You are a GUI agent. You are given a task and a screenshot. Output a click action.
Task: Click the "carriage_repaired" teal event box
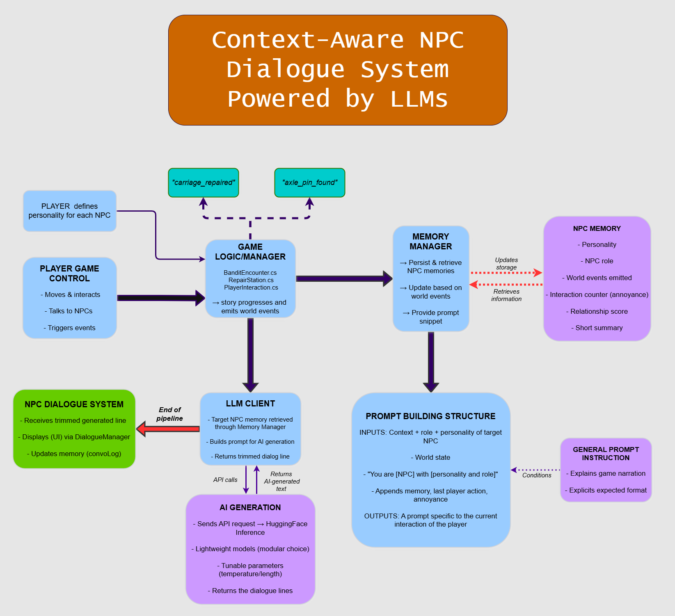click(203, 183)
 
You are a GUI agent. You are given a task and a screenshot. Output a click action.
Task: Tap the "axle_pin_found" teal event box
click(309, 183)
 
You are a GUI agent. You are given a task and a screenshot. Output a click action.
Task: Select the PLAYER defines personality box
click(69, 211)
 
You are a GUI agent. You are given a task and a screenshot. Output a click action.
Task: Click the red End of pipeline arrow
click(168, 429)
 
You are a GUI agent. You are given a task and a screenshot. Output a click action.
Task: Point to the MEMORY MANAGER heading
click(430, 242)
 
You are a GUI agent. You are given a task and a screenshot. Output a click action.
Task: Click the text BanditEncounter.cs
click(250, 273)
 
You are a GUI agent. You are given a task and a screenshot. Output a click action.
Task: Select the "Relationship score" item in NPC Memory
click(599, 311)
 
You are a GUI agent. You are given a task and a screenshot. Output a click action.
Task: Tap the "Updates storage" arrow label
click(506, 263)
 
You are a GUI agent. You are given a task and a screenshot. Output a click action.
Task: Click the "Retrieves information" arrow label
click(506, 295)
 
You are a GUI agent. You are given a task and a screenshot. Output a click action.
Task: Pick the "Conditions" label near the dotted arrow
click(536, 475)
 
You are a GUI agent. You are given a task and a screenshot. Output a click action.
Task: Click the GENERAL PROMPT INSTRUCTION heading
click(606, 454)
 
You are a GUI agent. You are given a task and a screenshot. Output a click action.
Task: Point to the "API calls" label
click(225, 480)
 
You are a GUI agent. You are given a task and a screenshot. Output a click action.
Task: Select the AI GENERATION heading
click(250, 507)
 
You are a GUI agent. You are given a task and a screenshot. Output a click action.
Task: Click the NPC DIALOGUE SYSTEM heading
click(74, 404)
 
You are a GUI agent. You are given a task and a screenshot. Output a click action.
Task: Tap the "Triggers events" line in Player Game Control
click(71, 328)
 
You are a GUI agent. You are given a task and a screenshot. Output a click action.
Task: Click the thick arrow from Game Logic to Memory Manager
click(343, 278)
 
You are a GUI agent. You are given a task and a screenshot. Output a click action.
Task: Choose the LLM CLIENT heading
click(250, 404)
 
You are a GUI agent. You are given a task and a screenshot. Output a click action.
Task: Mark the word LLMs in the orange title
click(419, 99)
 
